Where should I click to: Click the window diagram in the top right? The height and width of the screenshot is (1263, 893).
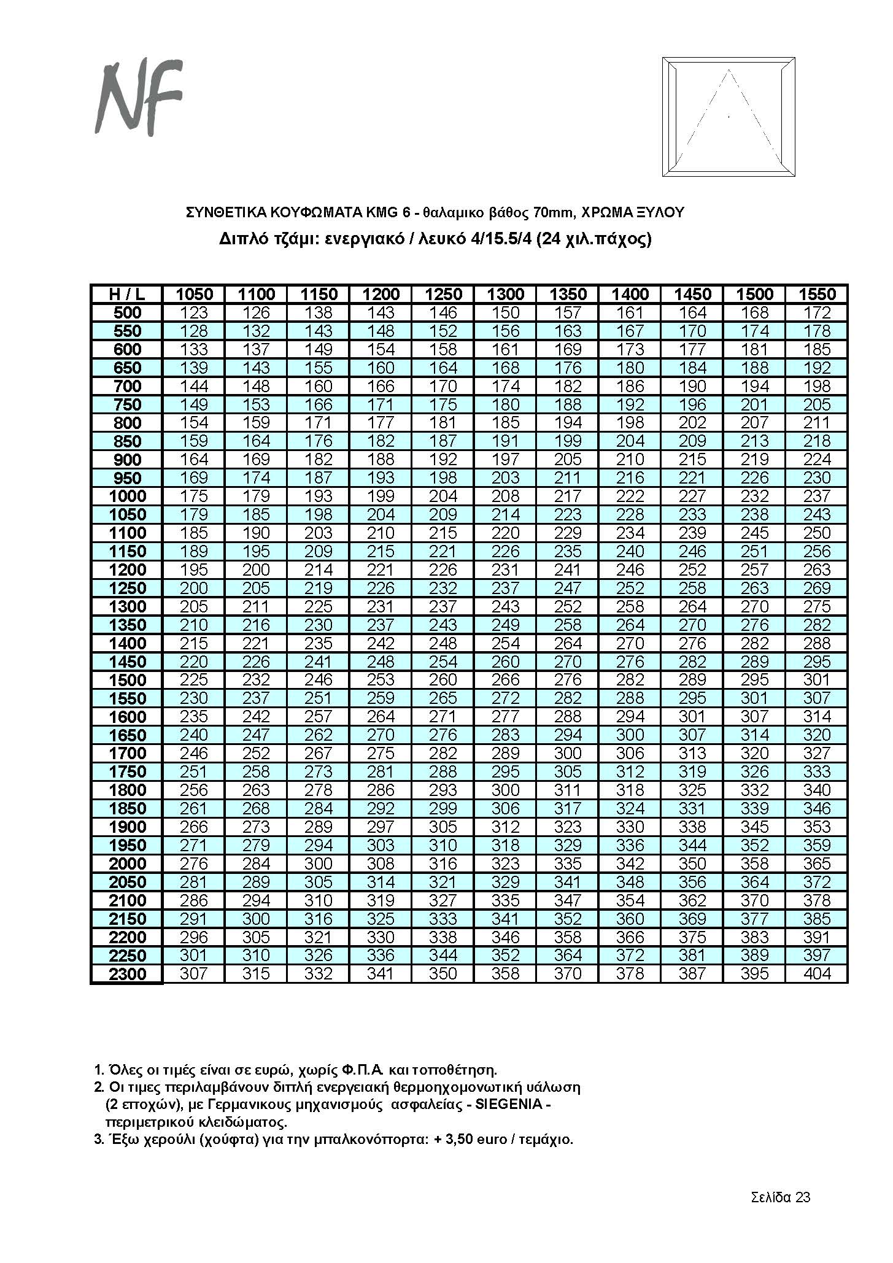729,117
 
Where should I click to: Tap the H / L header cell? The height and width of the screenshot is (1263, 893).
127,294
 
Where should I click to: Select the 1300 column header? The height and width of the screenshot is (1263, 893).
505,294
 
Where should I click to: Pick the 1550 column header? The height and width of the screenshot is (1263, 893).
817,294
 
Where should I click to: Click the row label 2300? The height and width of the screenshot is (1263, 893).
127,974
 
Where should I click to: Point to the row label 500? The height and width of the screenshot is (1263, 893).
127,312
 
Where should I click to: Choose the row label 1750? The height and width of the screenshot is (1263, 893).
127,771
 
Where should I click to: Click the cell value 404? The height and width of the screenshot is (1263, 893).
817,974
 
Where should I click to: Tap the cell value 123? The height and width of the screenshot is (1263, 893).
194,312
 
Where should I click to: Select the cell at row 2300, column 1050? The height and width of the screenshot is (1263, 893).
194,974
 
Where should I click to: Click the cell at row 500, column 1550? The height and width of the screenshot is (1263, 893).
817,312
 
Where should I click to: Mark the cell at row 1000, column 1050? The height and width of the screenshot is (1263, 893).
194,496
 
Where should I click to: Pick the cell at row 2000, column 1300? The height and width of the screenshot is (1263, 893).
505,863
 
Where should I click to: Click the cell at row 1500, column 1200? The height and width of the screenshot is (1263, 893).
381,680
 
